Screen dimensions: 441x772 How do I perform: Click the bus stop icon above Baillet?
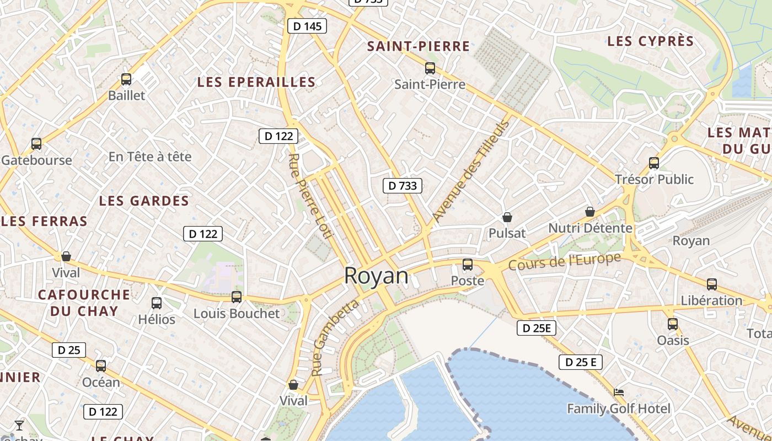coord(126,79)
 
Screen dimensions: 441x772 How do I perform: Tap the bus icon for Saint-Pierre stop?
coord(430,68)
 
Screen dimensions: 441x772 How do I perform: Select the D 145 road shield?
coord(307,26)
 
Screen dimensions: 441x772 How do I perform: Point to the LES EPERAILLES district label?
coord(256,82)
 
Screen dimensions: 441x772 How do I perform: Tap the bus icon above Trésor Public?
coord(654,163)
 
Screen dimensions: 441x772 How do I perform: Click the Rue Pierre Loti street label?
coord(312,196)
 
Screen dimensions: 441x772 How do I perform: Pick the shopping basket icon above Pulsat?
coord(507,217)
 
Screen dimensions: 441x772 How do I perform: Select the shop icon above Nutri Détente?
coord(590,212)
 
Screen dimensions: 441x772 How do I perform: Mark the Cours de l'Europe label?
coord(565,261)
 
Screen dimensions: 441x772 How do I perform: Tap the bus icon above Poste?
coord(468,265)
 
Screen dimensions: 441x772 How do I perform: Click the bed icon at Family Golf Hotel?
coord(619,392)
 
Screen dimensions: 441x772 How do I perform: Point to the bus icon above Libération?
coord(712,284)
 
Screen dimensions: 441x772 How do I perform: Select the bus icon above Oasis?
coord(673,324)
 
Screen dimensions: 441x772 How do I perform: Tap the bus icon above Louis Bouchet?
coord(237,297)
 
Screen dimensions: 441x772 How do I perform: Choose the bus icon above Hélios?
coord(157,303)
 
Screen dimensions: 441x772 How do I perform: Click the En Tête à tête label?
coord(150,157)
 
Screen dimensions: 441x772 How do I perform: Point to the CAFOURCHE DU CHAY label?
coord(84,302)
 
